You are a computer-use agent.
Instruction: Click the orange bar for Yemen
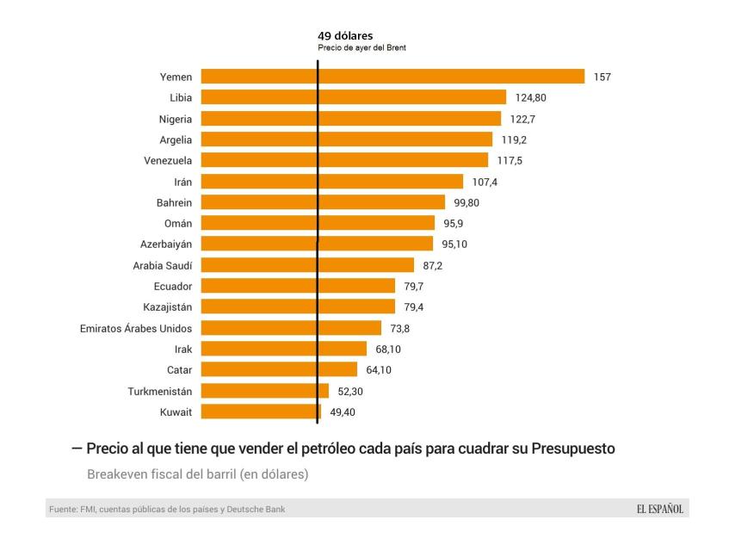[392, 77]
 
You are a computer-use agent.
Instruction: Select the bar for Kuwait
[261, 412]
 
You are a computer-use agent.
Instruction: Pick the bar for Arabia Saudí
[307, 265]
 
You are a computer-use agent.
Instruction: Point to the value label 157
[602, 77]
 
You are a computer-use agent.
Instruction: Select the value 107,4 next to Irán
[485, 182]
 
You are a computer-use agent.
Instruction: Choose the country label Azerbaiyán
[166, 245]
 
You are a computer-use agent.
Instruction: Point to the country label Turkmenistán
[160, 391]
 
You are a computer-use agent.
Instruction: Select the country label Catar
[179, 370]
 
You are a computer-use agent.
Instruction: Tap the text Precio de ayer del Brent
[361, 48]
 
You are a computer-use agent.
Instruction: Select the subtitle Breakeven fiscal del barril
[197, 474]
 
